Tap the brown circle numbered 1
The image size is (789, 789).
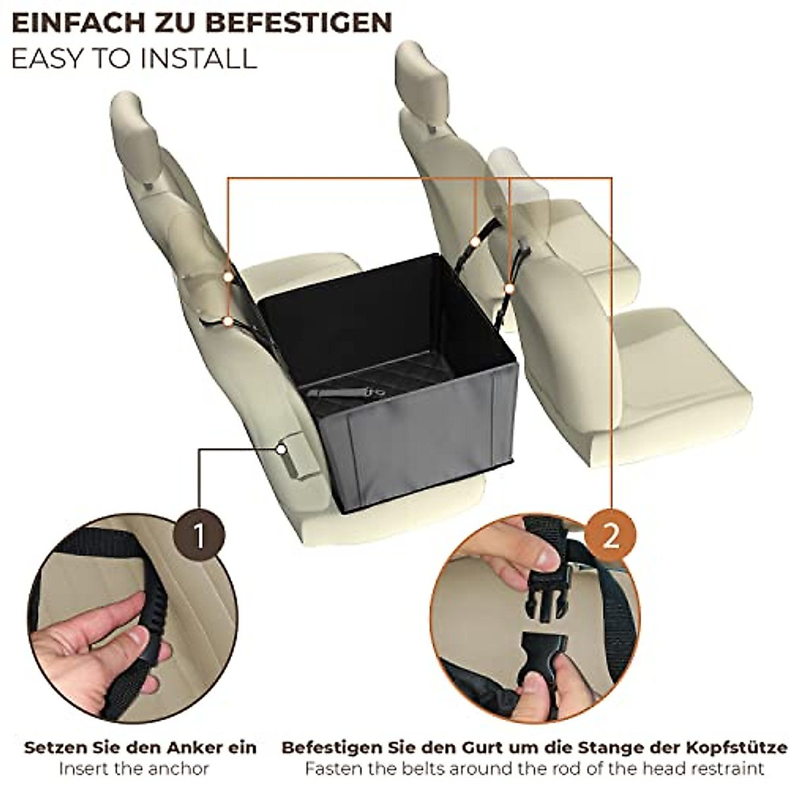click(x=199, y=537)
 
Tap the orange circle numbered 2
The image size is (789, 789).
click(x=611, y=537)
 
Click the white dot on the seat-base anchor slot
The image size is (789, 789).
click(x=281, y=449)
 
